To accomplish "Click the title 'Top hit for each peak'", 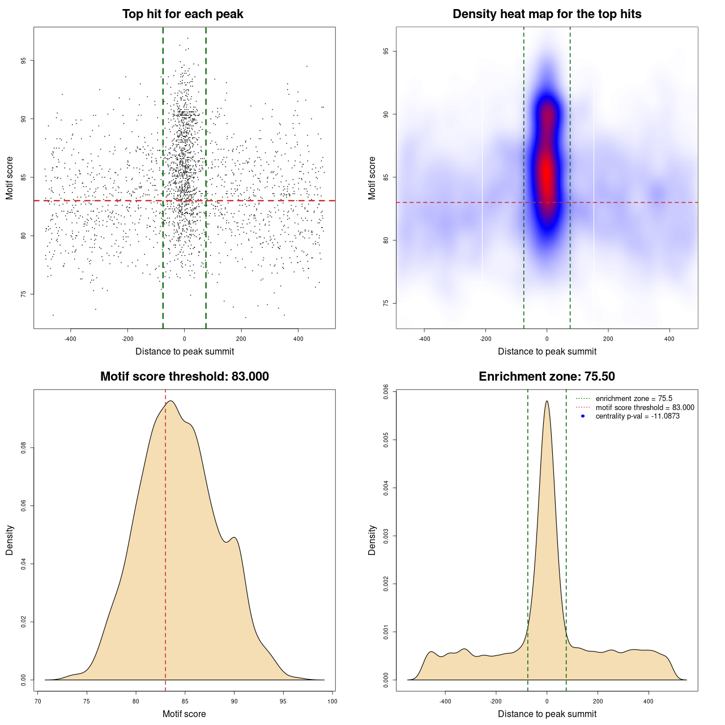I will tap(182, 14).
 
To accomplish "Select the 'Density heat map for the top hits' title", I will tap(547, 14).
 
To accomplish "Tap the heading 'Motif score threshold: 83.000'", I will tap(184, 377).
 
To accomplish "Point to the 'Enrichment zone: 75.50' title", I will tap(547, 377).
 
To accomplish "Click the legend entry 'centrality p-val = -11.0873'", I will tap(637, 416).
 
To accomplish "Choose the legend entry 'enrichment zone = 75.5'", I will tap(634, 399).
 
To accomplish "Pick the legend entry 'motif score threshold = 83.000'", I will tap(645, 408).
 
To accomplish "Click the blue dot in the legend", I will tap(583, 416).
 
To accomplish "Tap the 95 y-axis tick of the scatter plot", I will tap(23, 61).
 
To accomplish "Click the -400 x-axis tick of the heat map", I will tap(424, 339).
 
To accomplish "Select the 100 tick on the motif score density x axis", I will tap(332, 701).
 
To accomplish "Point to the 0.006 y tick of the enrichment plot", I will tap(386, 392).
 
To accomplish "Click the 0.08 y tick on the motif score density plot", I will tap(23, 448).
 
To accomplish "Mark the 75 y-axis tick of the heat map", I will tap(386, 303).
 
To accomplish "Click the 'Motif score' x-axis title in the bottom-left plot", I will tap(184, 714).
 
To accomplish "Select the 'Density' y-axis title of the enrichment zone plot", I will tap(372, 540).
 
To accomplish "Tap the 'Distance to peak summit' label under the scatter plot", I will tap(185, 351).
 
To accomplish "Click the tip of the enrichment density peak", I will tap(547, 401).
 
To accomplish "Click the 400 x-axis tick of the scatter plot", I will tap(298, 339).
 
